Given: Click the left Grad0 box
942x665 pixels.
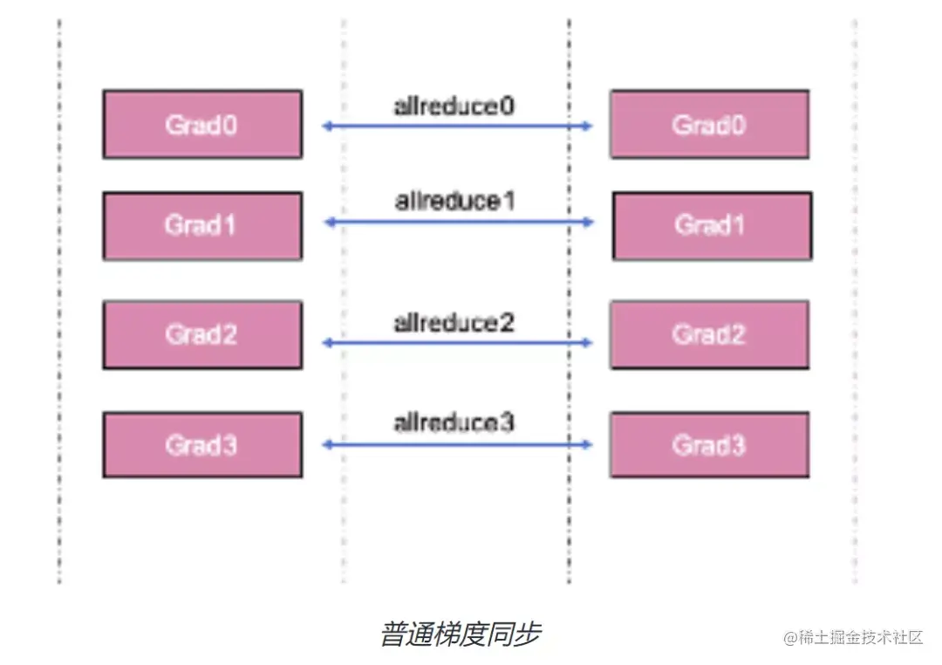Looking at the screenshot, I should point(202,124).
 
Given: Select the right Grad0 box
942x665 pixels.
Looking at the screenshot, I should point(709,124).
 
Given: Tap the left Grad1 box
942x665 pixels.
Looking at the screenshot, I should point(202,226).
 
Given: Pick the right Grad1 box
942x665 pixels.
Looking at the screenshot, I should point(712,226).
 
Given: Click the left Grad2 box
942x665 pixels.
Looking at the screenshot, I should point(202,335).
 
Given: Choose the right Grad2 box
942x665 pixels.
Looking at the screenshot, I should point(709,335).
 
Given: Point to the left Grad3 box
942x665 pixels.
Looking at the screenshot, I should point(202,445).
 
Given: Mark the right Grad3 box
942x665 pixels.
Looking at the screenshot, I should point(709,445).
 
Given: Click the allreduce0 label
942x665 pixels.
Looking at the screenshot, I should point(454,106).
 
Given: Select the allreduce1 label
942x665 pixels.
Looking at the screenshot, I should point(454,202).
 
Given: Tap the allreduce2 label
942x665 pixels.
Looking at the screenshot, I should point(454,323).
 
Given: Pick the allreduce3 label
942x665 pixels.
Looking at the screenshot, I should point(454,424).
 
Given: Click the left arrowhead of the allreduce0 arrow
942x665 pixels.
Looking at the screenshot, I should point(326,127).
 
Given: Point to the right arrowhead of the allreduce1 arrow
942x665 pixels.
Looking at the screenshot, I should point(590,223).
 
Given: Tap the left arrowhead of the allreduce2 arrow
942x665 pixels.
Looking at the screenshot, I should point(326,343).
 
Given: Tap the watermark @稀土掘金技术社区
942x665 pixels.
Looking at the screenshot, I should point(852,637).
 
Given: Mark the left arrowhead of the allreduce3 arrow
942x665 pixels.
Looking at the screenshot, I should point(326,445).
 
